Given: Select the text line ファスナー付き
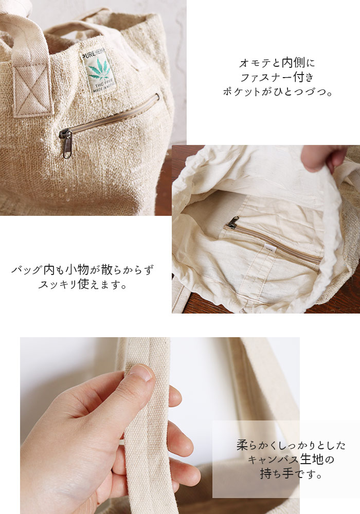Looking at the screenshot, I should click(x=277, y=78).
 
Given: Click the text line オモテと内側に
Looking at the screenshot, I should click(x=277, y=63).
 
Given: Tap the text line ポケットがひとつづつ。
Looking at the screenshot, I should click(x=277, y=93).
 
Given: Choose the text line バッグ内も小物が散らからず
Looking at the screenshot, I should click(x=82, y=270).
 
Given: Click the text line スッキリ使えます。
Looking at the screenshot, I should click(x=82, y=284).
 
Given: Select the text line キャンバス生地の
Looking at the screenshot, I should click(x=291, y=459).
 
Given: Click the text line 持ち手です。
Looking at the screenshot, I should click(x=291, y=473).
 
